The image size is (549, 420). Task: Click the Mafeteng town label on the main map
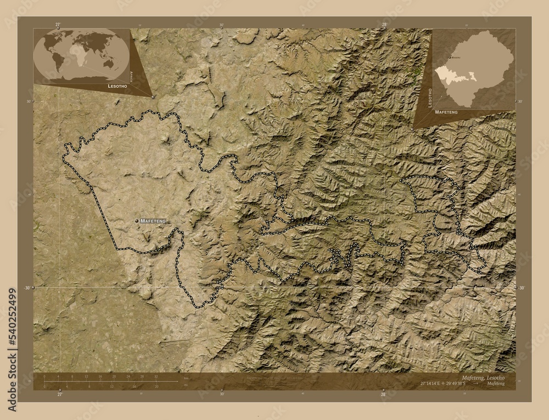[153, 221]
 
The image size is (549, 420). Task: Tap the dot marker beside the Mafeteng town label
[136, 221]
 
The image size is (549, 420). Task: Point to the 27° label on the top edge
[58, 25]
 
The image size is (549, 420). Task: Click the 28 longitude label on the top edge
[384, 25]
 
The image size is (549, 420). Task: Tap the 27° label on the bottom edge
[60, 394]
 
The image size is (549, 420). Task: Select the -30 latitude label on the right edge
[522, 288]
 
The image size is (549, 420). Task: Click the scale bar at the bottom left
[110, 380]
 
